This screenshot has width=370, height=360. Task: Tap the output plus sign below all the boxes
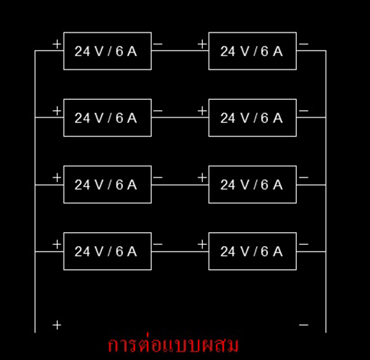click(57, 325)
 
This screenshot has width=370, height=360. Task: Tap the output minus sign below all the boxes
click(303, 325)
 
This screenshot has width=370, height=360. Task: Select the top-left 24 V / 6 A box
click(107, 51)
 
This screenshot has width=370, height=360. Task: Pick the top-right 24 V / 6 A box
click(252, 51)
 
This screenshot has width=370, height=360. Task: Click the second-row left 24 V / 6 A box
click(107, 118)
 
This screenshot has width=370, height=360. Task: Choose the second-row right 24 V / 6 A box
click(252, 118)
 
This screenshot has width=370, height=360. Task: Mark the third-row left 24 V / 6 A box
click(107, 185)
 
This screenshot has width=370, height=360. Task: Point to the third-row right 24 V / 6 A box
click(252, 185)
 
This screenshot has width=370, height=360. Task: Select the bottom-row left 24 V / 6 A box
click(107, 251)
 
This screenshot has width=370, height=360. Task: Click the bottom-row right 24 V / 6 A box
click(252, 251)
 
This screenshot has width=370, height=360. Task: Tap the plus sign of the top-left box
click(57, 44)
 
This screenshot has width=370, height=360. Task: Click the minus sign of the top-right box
click(303, 44)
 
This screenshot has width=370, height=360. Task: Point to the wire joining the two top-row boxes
click(180, 51)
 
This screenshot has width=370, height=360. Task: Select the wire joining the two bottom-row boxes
click(180, 251)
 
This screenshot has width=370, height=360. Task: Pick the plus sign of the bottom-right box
click(202, 244)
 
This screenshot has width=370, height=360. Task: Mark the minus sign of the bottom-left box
click(158, 244)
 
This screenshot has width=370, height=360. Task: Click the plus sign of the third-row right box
click(202, 177)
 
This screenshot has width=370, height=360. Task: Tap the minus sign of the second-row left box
click(158, 111)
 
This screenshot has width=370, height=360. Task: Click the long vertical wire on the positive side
click(35, 191)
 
